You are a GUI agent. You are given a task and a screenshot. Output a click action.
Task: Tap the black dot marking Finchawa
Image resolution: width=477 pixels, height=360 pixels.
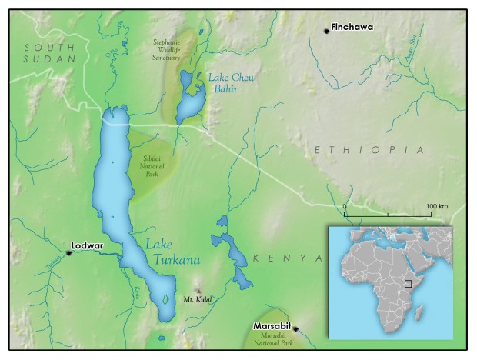tap(326, 30)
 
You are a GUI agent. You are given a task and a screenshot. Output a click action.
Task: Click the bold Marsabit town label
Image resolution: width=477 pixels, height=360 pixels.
tap(273, 326)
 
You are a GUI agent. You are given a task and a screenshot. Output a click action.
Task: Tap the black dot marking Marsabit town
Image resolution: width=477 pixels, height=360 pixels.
tap(295, 330)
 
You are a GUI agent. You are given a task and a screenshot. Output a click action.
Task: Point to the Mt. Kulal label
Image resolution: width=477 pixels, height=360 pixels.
tap(197, 298)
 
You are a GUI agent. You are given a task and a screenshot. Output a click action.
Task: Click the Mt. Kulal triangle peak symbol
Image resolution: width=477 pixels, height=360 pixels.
tap(197, 286)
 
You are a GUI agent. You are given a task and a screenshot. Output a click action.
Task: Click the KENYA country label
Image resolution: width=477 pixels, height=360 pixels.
tap(286, 258)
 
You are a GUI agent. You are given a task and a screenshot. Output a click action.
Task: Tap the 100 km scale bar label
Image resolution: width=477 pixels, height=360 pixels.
tap(436, 207)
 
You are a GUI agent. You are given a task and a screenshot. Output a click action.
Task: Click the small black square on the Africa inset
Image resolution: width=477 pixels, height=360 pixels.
tap(409, 283)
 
